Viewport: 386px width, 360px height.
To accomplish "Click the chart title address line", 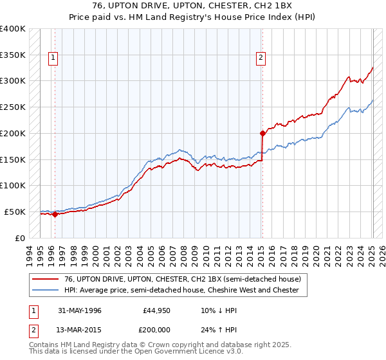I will pos(192,6).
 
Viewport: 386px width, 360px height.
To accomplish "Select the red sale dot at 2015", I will pos(262,134).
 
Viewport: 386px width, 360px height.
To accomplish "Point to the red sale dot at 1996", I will pos(55,215).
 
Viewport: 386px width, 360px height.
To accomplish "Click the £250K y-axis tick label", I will pos(12,107).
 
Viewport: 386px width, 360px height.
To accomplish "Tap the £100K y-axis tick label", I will pos(12,185).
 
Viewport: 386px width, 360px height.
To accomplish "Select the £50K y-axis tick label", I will pos(15,212).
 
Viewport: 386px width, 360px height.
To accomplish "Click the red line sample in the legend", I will pos(46,279).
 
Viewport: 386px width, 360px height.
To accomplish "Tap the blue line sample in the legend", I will pos(46,290).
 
